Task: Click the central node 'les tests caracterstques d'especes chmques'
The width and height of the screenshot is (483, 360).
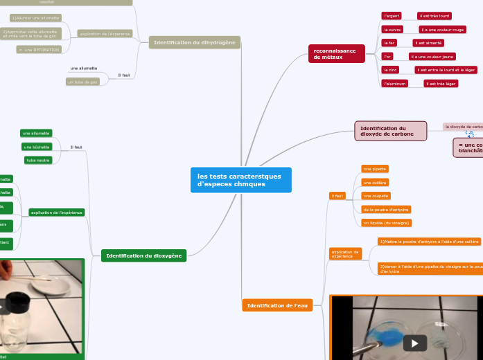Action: (240, 180)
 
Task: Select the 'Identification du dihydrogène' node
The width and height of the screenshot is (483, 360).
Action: (194, 42)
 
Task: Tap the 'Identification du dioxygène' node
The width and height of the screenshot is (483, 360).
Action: (143, 256)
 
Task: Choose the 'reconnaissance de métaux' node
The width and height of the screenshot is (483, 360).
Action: (336, 54)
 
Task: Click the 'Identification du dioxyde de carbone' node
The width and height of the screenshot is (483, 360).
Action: (390, 131)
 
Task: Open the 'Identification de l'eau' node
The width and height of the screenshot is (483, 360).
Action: (277, 305)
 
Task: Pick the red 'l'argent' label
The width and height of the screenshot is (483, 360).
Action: (392, 15)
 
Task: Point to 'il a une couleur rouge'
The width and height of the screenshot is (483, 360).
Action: (442, 30)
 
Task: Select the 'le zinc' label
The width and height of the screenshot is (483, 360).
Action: (390, 70)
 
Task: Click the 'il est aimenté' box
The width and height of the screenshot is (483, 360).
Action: (428, 43)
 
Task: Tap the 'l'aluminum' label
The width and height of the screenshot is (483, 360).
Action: (394, 84)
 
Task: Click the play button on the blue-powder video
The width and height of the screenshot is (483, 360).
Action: (415, 343)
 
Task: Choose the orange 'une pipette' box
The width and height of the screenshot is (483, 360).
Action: (375, 169)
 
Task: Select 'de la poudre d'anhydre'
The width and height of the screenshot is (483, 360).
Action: (386, 209)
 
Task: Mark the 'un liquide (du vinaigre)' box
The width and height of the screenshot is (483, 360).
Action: (386, 223)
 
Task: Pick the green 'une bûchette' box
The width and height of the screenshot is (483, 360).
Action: (37, 147)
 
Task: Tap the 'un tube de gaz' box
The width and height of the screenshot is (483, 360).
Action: (82, 82)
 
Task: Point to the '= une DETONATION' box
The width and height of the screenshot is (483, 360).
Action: (39, 49)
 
